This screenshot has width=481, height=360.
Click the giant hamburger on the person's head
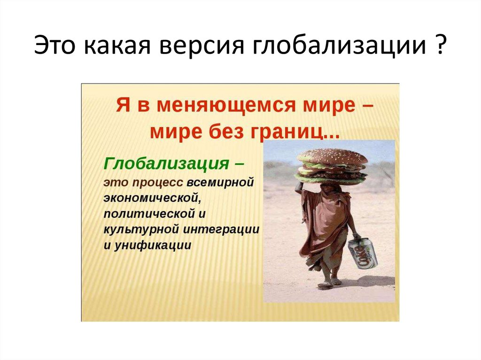pos(331,164)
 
